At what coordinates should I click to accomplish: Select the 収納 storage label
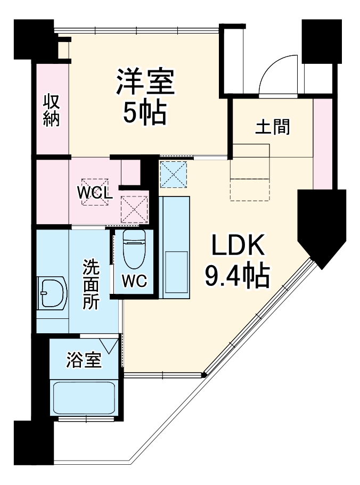pyautogui.click(x=51, y=110)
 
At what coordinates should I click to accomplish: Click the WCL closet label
pyautogui.click(x=95, y=193)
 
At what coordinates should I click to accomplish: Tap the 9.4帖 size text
pyautogui.click(x=237, y=275)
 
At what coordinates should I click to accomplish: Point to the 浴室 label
pyautogui.click(x=84, y=361)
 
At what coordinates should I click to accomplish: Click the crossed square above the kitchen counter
pyautogui.click(x=174, y=174)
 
